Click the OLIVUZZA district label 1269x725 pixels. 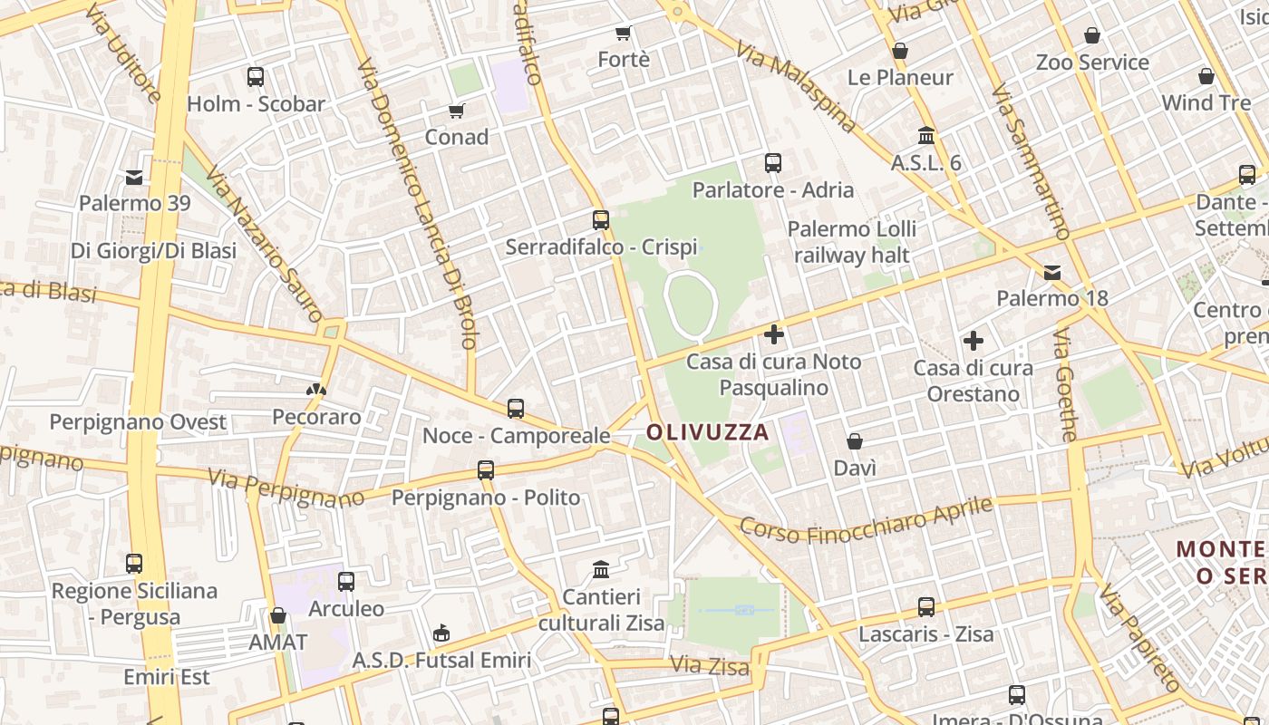(x=708, y=431)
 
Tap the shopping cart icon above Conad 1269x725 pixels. (x=456, y=111)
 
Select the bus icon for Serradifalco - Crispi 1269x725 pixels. (x=600, y=219)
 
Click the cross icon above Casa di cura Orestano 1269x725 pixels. (x=974, y=341)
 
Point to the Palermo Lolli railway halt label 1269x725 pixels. (x=851, y=242)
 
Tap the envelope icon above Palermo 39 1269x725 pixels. (x=134, y=177)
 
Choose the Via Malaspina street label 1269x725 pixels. (x=797, y=88)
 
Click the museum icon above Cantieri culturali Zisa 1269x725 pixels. (x=600, y=569)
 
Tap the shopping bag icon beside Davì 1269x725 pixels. (x=854, y=441)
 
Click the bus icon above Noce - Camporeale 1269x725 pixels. (x=516, y=409)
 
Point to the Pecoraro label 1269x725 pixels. (x=316, y=417)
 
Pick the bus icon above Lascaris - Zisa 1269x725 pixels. (x=925, y=606)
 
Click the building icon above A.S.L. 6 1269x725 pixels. (x=926, y=136)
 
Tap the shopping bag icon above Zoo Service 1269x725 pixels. (x=1092, y=35)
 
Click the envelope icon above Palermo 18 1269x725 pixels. (x=1052, y=272)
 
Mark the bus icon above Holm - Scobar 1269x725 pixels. (x=256, y=77)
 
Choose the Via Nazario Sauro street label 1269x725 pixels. (x=263, y=244)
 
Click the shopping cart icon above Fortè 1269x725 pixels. (x=623, y=33)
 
